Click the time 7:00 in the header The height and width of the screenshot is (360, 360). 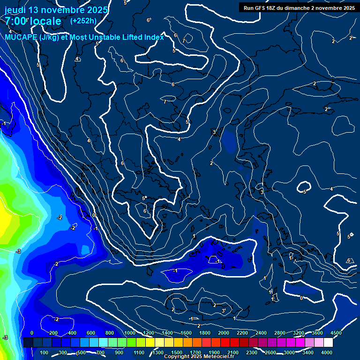point(15,21)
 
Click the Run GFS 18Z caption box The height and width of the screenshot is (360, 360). point(299,7)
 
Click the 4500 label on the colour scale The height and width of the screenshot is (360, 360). point(335,333)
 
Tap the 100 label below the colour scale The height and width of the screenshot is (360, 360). point(45,352)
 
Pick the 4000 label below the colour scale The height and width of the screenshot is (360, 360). point(327,352)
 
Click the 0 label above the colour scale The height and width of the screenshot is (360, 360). point(32,333)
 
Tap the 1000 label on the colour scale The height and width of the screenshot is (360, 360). point(130,333)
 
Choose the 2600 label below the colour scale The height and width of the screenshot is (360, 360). point(270,352)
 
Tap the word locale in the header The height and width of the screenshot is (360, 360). point(45,21)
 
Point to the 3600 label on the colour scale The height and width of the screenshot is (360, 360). point(317,333)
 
